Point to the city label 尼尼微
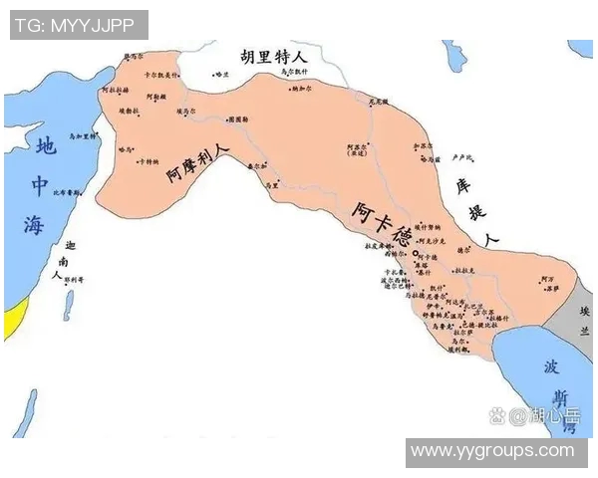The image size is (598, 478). click(x=378, y=101)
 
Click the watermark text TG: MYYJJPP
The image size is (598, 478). click(x=79, y=24)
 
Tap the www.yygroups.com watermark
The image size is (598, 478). click(x=492, y=451)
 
